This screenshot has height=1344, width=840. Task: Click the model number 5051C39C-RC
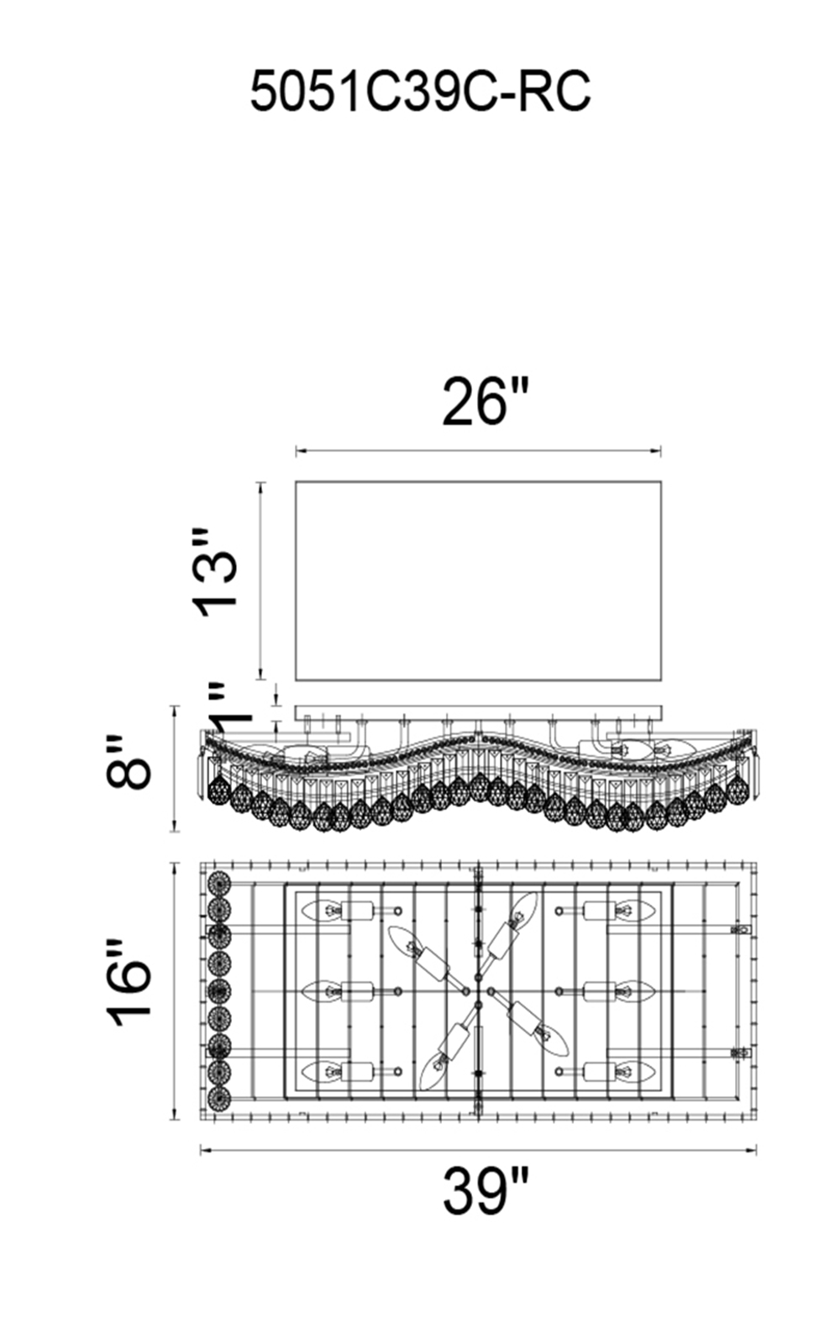pos(420,92)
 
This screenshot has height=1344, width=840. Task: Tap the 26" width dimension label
pos(486,402)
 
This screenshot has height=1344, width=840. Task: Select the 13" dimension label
pos(214,572)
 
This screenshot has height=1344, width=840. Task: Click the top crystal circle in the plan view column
pos(218,883)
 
